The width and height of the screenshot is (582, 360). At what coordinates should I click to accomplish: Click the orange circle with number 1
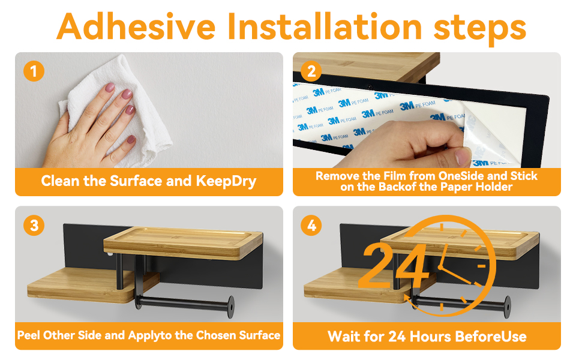click(34, 71)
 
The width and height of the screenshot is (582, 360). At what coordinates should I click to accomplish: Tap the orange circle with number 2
click(311, 71)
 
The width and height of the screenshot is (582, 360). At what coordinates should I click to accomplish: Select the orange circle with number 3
click(34, 225)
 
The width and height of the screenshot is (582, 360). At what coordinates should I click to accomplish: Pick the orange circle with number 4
click(311, 225)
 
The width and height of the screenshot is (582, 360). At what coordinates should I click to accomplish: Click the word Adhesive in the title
click(136, 26)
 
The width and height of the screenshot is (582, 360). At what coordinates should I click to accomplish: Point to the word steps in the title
click(479, 29)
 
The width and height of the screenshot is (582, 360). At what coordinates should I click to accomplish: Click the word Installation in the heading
click(325, 26)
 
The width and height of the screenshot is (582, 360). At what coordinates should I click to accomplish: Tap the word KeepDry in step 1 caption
click(226, 181)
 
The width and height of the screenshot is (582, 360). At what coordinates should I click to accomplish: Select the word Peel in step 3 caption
click(29, 335)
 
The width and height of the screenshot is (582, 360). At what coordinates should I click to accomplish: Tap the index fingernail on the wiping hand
click(110, 88)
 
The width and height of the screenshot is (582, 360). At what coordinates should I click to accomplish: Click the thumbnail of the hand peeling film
click(463, 156)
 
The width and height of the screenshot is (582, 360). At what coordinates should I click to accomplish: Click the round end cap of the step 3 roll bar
click(231, 307)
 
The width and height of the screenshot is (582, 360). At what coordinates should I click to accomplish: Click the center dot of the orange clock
click(440, 267)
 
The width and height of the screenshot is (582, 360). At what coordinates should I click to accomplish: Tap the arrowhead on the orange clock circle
click(407, 299)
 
